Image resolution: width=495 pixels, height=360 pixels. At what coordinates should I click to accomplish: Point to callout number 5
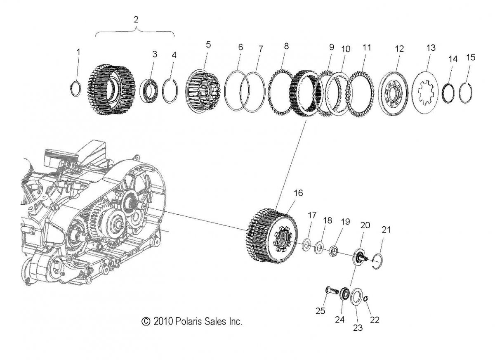pos(208,44)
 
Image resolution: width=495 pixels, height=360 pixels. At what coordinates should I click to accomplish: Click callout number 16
pos(298,193)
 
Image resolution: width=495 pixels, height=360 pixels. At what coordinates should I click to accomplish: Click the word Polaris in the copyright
pos(191,321)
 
